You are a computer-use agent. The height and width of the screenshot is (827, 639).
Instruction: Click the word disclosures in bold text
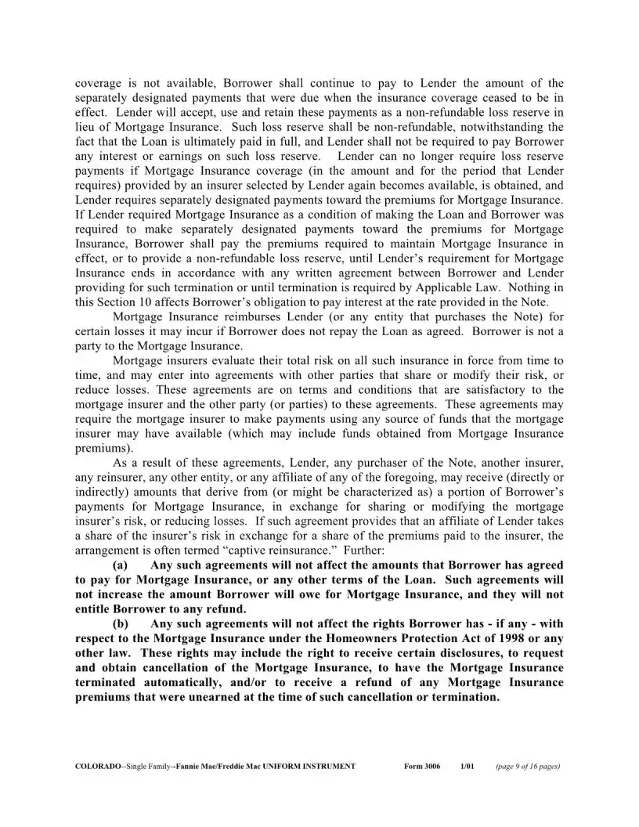439,654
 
